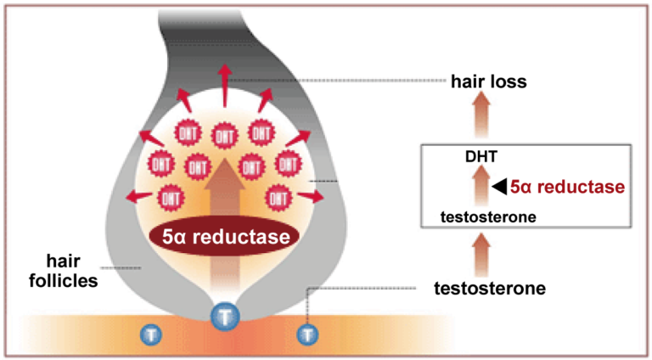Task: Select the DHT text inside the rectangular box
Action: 481,157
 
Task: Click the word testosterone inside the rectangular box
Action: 488,217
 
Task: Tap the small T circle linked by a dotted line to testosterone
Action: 307,335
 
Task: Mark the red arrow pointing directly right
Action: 312,197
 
